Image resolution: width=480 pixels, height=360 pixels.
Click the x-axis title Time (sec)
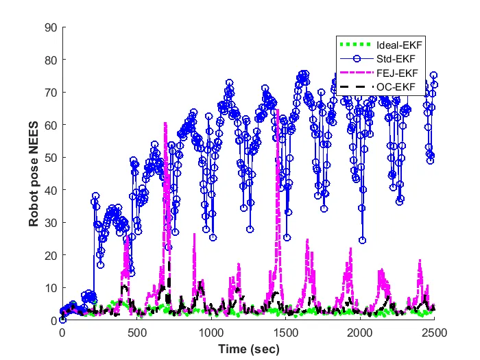[x=248, y=348]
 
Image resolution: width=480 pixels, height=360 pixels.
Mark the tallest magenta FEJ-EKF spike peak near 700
[x=165, y=123]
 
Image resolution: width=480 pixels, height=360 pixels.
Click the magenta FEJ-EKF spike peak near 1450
[x=278, y=128]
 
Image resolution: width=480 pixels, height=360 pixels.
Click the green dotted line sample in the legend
[x=356, y=45]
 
